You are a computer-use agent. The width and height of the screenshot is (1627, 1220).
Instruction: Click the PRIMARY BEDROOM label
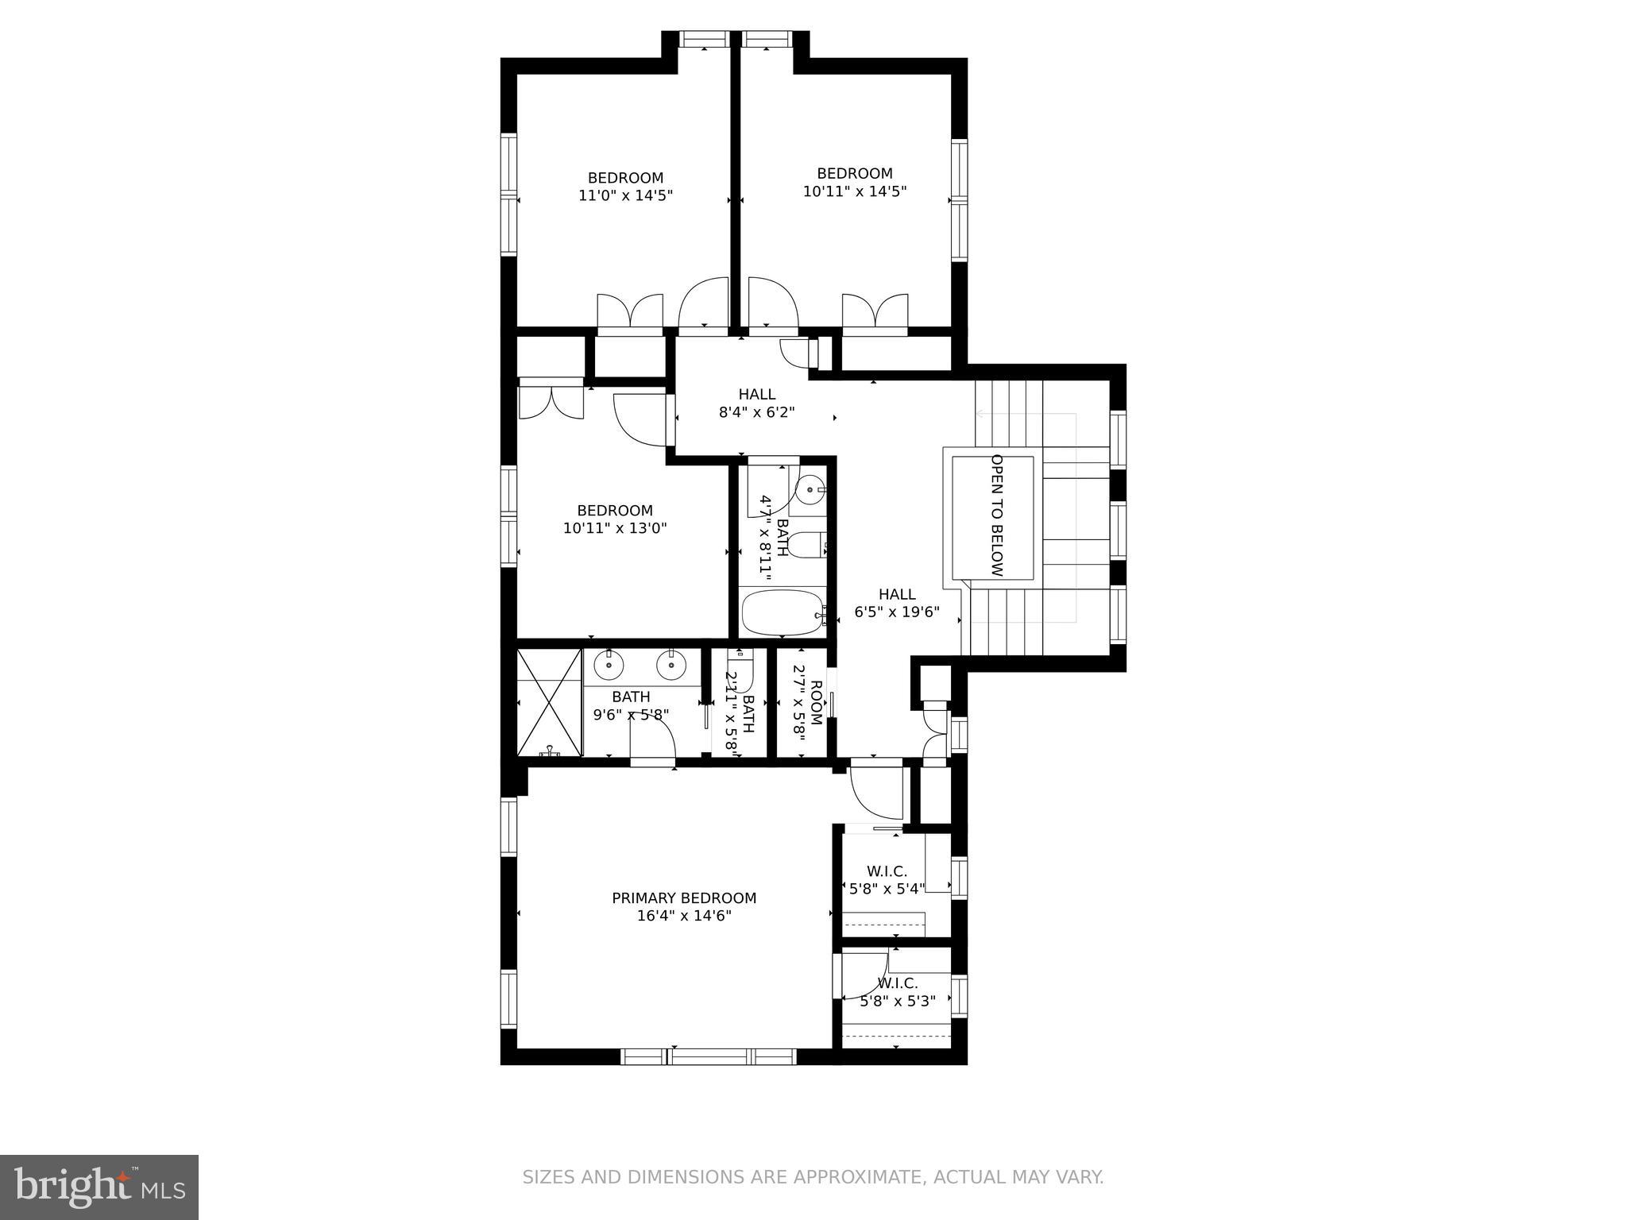click(x=683, y=898)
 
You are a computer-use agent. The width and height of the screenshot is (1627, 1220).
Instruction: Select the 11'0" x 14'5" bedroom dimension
click(x=625, y=195)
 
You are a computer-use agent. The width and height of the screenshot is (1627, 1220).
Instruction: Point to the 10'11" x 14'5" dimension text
click(x=855, y=191)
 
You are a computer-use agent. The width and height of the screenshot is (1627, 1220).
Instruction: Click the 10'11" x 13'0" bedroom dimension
click(x=615, y=527)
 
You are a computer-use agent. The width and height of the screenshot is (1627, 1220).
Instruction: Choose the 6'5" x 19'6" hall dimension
click(x=897, y=612)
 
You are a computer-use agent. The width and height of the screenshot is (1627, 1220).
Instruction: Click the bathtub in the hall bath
click(x=783, y=612)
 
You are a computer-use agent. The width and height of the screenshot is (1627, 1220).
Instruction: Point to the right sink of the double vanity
click(x=672, y=664)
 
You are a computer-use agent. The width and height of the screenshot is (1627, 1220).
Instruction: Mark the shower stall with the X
click(x=549, y=702)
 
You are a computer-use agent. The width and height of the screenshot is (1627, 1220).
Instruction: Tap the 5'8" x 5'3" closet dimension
click(x=897, y=1001)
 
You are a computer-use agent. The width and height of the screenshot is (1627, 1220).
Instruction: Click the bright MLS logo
click(x=99, y=1187)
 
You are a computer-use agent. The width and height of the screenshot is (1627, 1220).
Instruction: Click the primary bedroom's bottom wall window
click(x=708, y=1056)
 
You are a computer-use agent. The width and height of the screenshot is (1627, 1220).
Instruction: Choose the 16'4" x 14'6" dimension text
click(x=683, y=916)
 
